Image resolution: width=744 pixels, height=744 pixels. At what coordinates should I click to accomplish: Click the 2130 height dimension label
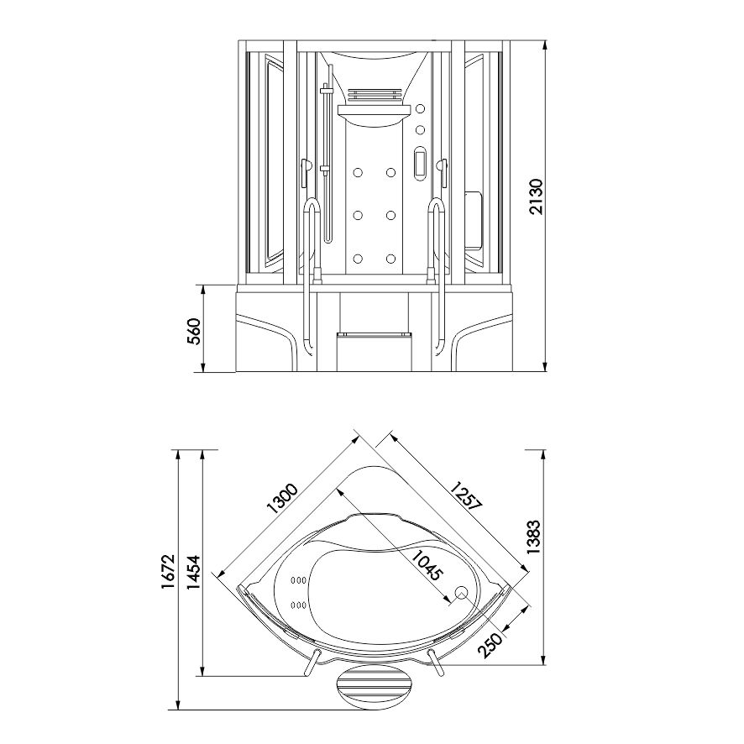(x=536, y=196)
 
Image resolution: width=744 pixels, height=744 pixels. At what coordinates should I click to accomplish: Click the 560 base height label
(x=194, y=331)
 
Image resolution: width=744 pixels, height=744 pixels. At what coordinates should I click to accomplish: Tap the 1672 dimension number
(x=169, y=571)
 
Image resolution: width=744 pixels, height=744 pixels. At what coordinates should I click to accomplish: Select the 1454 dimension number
(x=194, y=573)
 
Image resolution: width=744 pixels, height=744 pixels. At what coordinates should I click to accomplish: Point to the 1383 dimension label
(x=533, y=537)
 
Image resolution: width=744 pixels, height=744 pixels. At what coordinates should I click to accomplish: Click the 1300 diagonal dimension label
(x=282, y=499)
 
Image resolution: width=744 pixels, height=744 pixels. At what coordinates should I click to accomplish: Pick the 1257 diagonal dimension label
(x=466, y=495)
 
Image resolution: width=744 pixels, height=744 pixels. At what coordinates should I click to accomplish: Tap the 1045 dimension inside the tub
(x=427, y=566)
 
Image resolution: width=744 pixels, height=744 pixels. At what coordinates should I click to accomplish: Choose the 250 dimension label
(x=490, y=646)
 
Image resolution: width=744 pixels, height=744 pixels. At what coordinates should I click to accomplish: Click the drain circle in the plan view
(x=461, y=592)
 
